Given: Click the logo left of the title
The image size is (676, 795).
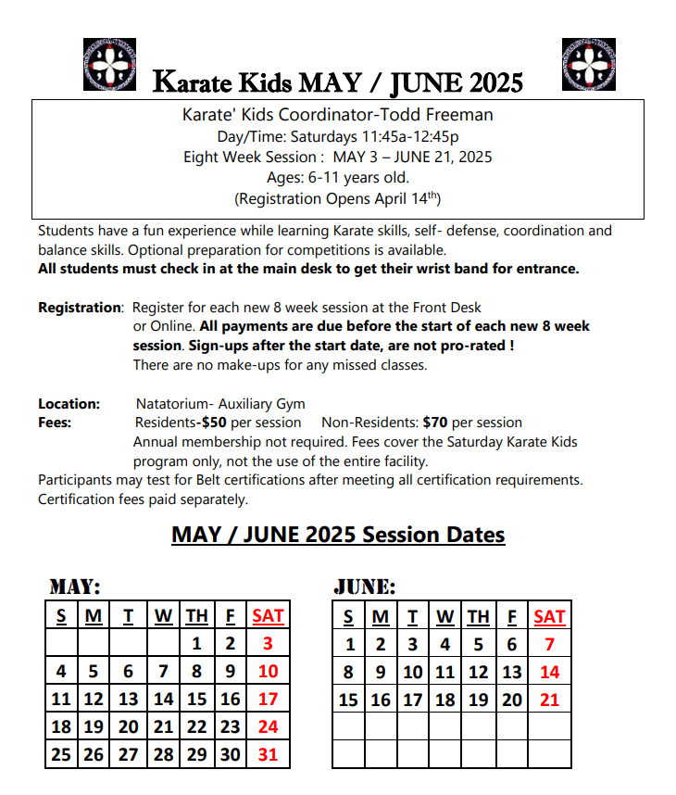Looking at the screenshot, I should point(109,65).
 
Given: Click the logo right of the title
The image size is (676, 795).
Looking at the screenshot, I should point(589,65).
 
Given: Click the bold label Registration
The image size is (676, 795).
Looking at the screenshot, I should point(80,308).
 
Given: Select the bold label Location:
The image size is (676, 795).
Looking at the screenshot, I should point(69,404).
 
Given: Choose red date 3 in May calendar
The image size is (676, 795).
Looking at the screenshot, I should point(268,644).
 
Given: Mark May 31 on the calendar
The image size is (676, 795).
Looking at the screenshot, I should point(268,754).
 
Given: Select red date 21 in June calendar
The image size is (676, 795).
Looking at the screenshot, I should point(549,700).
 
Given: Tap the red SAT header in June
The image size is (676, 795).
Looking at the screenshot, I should point(549,616).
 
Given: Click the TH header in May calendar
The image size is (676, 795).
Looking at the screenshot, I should point(196,616).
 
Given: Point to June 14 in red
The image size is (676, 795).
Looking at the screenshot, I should point(549,672).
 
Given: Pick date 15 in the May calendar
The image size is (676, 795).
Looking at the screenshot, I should point(196,700).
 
